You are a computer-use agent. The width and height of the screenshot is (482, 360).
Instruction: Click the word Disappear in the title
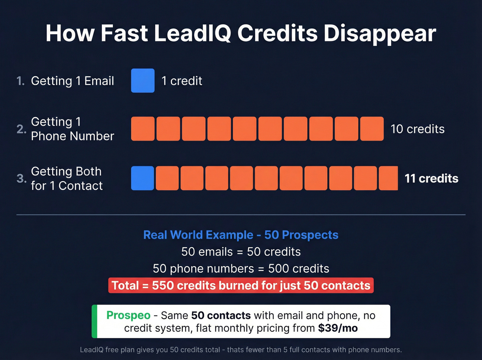coord(379,33)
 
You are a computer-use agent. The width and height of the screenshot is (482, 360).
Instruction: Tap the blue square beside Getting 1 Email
coord(143,81)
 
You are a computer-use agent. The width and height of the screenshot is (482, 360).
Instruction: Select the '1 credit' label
coord(182,81)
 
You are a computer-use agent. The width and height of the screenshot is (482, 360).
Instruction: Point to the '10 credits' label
coord(417,129)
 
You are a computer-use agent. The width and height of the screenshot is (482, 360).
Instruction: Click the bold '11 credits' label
coord(431,178)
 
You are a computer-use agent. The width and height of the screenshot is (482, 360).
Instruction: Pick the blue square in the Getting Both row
coord(142,178)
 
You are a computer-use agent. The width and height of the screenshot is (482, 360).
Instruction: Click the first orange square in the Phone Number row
coord(143,129)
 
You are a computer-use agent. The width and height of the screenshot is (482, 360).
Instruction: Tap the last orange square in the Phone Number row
coord(372,129)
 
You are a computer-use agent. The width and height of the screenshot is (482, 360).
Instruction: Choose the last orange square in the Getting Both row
coord(388,178)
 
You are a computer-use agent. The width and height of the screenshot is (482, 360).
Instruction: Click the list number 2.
coord(21,129)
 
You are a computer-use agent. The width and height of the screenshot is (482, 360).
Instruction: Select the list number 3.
coord(21,178)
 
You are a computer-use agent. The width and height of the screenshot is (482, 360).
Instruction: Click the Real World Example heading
coord(241,235)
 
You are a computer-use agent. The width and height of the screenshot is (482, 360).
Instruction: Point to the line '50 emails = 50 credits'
coord(241,252)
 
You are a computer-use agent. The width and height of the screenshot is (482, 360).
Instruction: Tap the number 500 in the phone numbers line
coord(278,269)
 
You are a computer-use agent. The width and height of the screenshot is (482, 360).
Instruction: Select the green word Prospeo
coord(128,315)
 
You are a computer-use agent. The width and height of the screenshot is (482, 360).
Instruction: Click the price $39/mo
coord(338,328)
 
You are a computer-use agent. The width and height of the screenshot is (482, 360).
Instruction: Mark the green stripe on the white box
coord(94,321)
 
